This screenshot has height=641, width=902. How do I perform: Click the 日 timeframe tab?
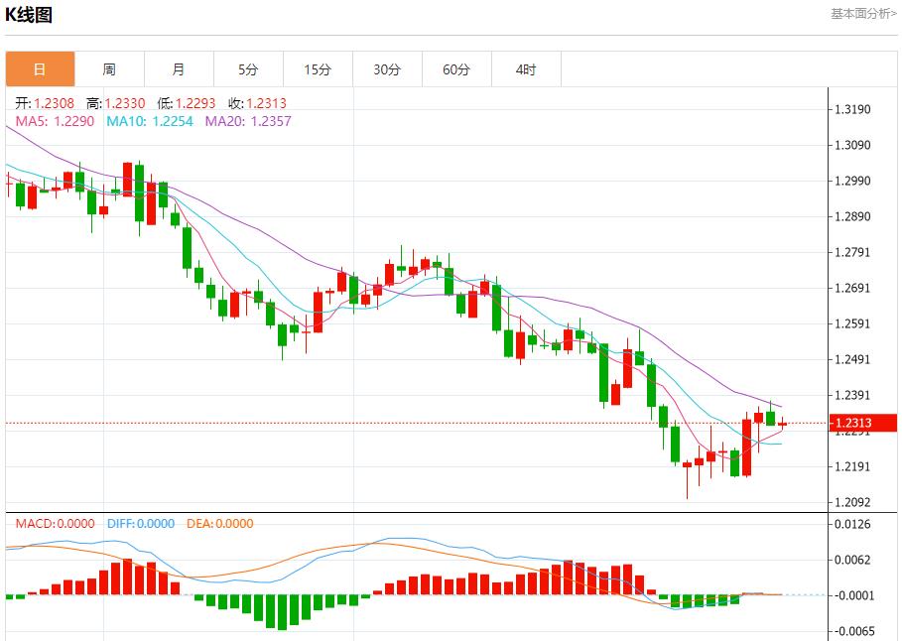point(40,69)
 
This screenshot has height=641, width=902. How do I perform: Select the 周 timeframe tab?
point(109,69)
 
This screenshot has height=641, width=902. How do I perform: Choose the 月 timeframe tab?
point(179,69)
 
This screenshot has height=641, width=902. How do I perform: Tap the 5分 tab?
point(248,69)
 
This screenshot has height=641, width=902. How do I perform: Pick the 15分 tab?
point(318,69)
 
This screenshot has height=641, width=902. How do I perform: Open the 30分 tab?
point(387,69)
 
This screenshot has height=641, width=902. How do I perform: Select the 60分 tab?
point(456,69)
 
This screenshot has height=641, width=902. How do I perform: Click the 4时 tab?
point(526,69)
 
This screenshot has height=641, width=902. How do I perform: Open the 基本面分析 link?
point(863,13)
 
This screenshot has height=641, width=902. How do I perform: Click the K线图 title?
point(29,15)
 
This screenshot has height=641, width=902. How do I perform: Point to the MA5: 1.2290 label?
point(55,121)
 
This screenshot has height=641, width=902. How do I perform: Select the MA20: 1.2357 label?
point(248,121)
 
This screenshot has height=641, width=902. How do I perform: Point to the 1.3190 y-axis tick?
point(853,109)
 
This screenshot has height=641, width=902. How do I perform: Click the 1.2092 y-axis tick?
point(853,502)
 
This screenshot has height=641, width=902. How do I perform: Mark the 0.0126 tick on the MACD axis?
point(853,524)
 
